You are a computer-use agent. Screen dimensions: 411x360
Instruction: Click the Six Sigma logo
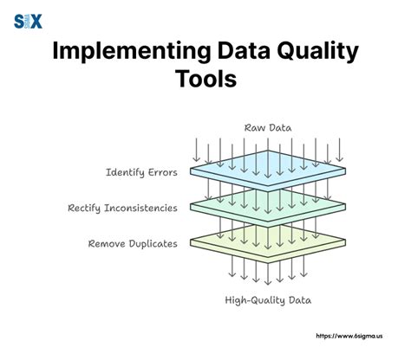click(x=28, y=22)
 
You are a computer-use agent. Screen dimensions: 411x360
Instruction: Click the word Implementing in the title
click(x=132, y=51)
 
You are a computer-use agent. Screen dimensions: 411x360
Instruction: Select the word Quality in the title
click(x=317, y=51)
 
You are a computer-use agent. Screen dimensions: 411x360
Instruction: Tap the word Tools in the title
click(x=205, y=79)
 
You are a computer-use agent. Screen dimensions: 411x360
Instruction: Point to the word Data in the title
click(x=244, y=51)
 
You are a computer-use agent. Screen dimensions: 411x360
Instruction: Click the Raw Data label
click(x=268, y=128)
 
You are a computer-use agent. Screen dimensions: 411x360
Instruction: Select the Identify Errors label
click(x=141, y=172)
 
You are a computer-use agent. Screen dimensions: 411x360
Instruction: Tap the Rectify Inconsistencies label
click(x=122, y=208)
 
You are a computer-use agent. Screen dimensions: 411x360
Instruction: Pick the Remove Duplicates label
click(x=133, y=244)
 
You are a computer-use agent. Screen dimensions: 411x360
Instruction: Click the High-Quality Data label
click(x=268, y=300)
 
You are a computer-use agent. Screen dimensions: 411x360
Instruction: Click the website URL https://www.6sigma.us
click(x=349, y=336)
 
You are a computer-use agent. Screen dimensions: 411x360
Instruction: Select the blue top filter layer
click(x=268, y=170)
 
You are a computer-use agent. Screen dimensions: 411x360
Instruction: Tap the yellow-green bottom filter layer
click(x=268, y=242)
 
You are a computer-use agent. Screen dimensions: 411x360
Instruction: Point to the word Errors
click(x=163, y=172)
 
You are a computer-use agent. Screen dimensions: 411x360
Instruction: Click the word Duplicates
click(x=153, y=244)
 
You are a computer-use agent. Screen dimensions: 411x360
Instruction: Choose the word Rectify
click(x=84, y=209)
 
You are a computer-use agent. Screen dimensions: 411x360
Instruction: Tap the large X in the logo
click(x=36, y=22)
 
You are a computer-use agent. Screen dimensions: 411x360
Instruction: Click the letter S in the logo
click(x=19, y=22)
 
